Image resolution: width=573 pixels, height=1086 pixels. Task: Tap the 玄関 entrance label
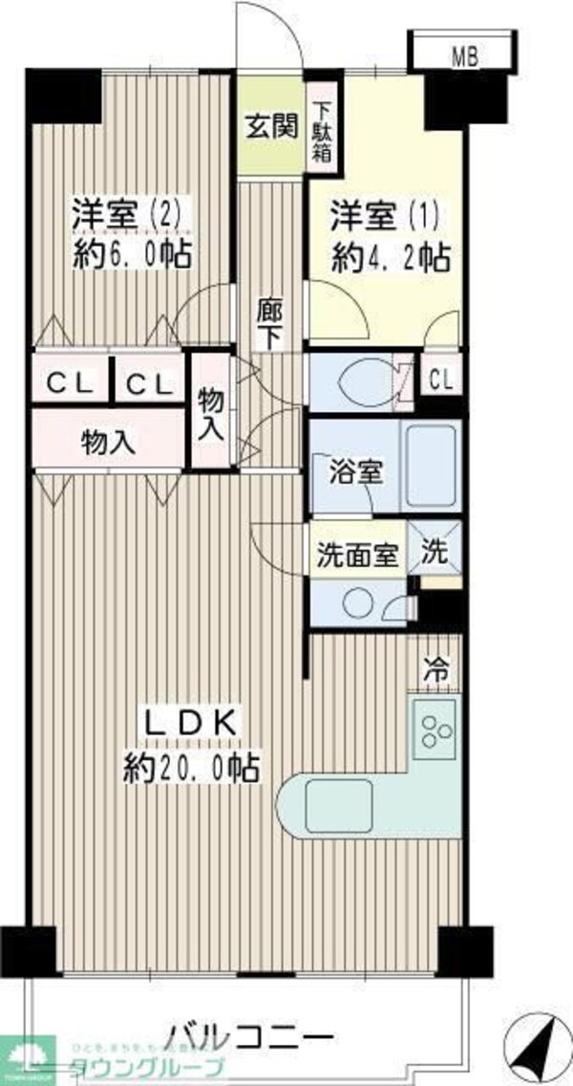coord(271,126)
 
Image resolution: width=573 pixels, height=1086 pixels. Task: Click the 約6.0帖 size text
coord(134,255)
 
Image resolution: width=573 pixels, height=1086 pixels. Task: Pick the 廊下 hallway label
coord(269,324)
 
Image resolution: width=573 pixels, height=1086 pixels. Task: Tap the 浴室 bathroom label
coord(356,473)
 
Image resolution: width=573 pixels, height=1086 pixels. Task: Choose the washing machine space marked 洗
coord(435,553)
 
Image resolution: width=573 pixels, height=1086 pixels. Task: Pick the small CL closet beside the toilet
coord(440,380)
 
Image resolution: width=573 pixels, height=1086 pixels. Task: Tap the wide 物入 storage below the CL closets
coord(107,442)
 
